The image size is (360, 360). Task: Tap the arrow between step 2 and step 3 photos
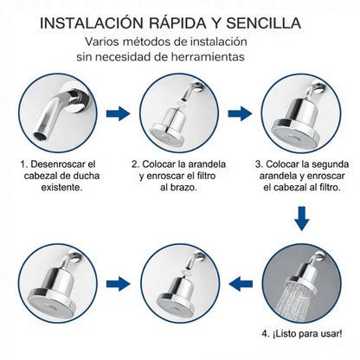[241, 112]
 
